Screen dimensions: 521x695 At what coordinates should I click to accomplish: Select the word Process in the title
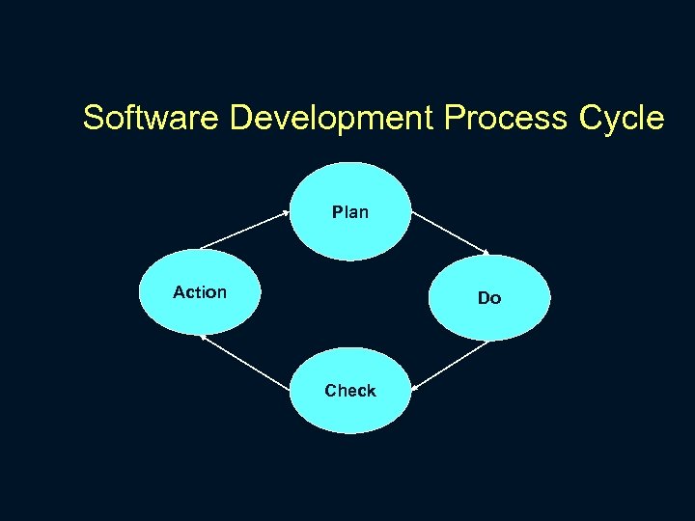(x=507, y=118)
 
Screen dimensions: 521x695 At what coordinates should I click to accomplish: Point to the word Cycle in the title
(x=622, y=118)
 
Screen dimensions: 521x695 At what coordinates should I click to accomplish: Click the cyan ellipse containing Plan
(x=350, y=232)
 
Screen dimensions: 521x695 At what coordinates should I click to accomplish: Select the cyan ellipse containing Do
(x=489, y=314)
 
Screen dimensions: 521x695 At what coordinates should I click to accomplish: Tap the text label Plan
(x=350, y=211)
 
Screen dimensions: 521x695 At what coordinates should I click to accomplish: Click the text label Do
(x=489, y=298)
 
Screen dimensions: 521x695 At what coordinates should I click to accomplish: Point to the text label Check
(x=350, y=391)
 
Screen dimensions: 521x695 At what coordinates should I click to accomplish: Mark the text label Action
(x=200, y=291)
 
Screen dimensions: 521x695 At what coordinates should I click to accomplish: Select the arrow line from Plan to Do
(x=452, y=233)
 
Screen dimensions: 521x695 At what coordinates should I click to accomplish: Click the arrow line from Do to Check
(x=452, y=364)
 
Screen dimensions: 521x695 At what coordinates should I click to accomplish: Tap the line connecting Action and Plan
(x=245, y=231)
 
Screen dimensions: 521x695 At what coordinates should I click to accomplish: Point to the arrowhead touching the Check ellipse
(x=414, y=388)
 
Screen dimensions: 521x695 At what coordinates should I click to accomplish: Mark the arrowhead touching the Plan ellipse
(x=287, y=212)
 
